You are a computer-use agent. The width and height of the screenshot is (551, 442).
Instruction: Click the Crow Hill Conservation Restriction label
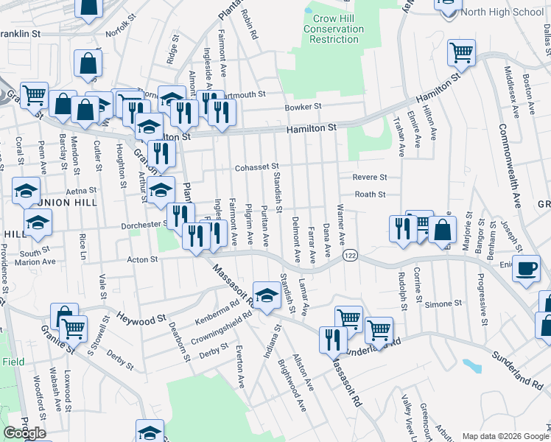coord(334,29)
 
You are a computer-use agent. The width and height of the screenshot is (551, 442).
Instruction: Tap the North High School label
coord(502,12)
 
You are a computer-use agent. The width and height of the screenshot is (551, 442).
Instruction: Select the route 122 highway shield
coord(349,254)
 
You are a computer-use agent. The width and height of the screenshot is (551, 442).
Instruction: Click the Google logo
coord(24,433)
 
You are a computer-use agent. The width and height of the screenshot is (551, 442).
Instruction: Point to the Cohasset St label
coord(257,168)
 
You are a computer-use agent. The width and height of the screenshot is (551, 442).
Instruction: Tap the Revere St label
coord(369,178)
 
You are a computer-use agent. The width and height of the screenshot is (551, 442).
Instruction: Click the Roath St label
coord(371,194)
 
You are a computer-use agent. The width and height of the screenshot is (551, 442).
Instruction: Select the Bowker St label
coord(303,107)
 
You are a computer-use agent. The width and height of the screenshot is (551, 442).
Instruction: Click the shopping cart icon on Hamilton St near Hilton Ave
coord(461,52)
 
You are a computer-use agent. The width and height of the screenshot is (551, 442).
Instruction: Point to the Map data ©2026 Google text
coord(505,436)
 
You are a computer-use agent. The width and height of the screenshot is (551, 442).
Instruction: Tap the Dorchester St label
coord(136,224)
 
